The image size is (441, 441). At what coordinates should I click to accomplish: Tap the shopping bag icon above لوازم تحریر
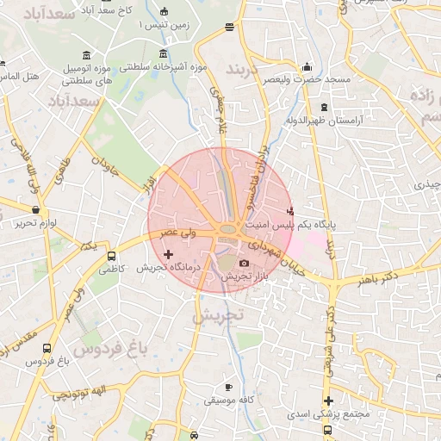[x=34, y=210]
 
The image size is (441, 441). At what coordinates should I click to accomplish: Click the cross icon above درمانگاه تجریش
[x=168, y=254]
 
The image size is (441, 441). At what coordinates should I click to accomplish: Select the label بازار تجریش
[x=245, y=277]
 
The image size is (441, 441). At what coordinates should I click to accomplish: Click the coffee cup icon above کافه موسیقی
[x=227, y=388]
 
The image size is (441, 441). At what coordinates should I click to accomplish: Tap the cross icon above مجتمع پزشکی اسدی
[x=328, y=401]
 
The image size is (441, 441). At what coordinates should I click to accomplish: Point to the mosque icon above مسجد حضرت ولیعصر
[x=307, y=67]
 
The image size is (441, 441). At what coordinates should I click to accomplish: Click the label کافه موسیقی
[x=227, y=401]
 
